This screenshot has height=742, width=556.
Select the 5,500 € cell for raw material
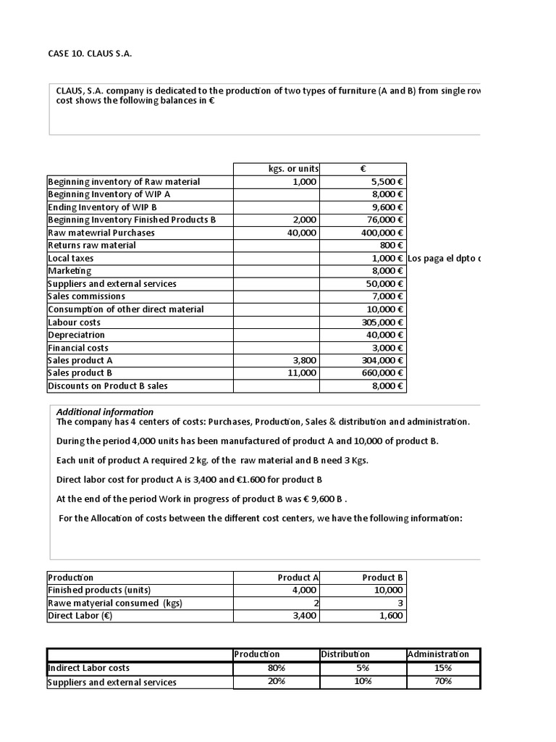click(387, 182)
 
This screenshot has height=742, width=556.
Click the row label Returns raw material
click(92, 246)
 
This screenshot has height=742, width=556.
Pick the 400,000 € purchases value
click(382, 233)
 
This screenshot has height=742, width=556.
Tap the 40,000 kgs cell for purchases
click(302, 233)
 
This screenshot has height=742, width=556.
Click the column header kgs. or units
click(293, 169)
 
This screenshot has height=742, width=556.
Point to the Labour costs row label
click(75, 322)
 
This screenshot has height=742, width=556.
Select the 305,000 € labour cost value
click(382, 322)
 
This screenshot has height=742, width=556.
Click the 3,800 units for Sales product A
click(305, 360)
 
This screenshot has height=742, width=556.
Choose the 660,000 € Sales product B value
click(382, 373)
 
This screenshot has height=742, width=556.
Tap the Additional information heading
click(105, 412)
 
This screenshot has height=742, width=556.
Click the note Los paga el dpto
click(445, 259)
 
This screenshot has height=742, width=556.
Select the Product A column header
click(298, 578)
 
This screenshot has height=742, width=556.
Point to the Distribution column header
click(345, 654)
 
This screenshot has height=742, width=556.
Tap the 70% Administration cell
click(443, 681)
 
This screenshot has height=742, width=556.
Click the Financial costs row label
click(78, 348)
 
